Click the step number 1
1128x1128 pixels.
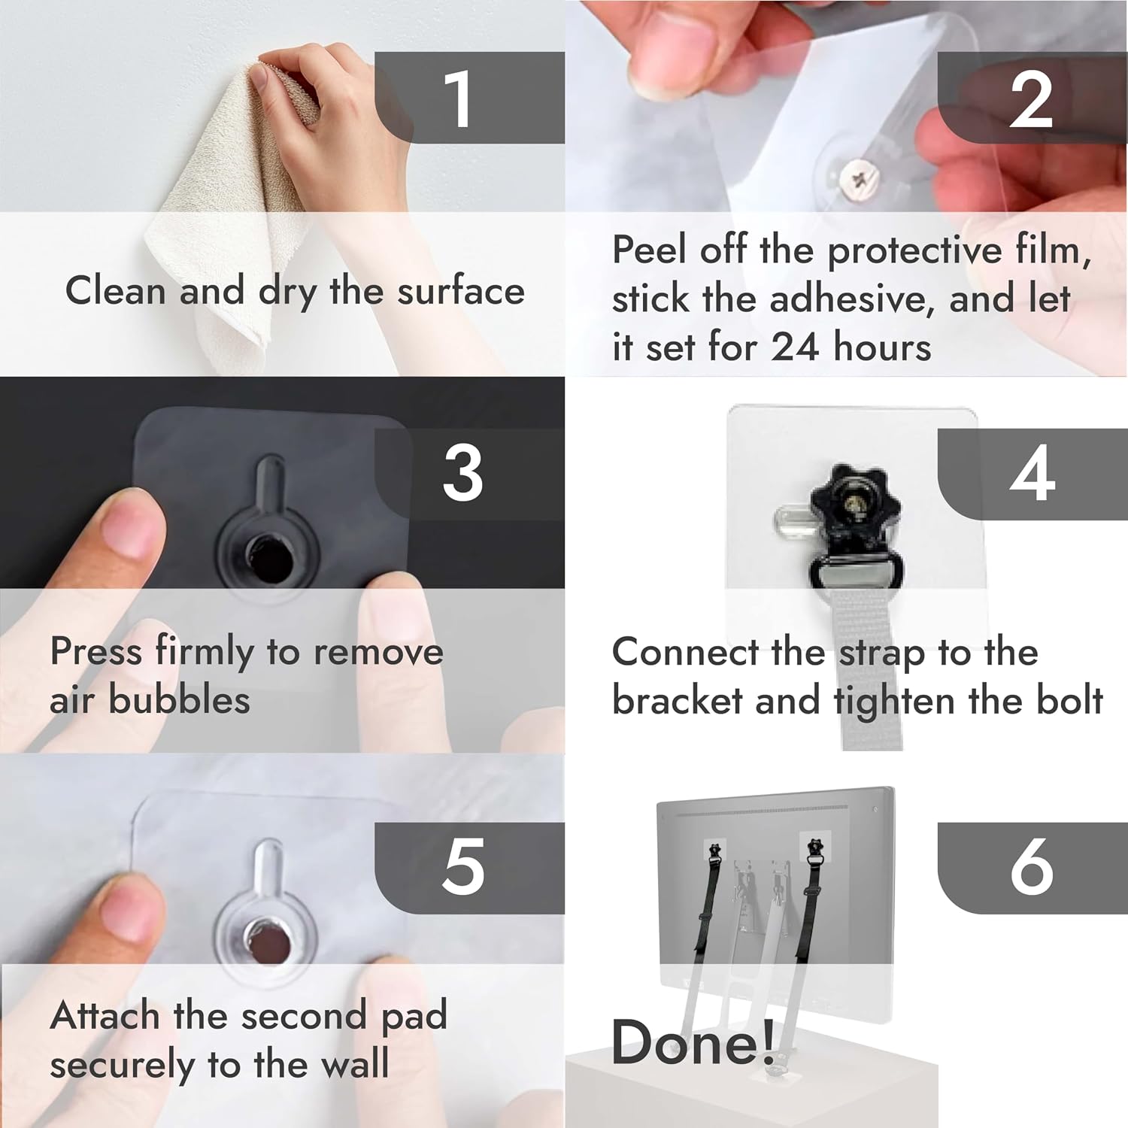(x=458, y=99)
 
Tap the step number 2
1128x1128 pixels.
(x=1031, y=99)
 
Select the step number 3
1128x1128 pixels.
(x=462, y=473)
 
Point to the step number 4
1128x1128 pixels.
(x=1032, y=473)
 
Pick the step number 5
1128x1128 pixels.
(x=463, y=866)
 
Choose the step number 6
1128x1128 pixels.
(x=1032, y=866)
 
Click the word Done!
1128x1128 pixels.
(x=693, y=1042)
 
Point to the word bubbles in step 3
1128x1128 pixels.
(x=180, y=699)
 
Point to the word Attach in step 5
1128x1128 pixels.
(x=106, y=1015)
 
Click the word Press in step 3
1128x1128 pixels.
(x=96, y=650)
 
